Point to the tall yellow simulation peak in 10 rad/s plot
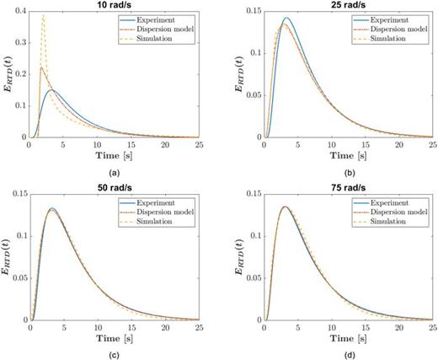(44, 16)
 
